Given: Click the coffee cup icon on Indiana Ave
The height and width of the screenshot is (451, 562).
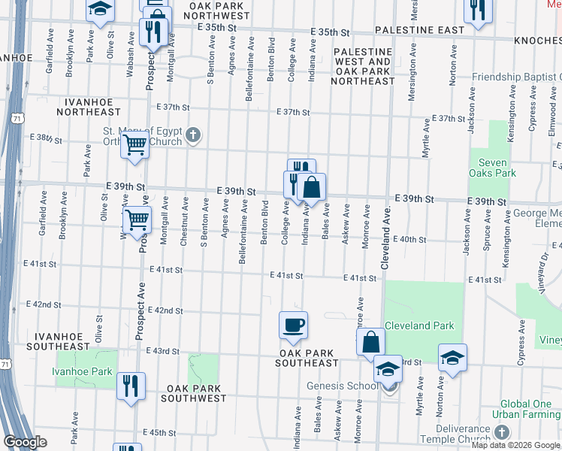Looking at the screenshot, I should (293, 325).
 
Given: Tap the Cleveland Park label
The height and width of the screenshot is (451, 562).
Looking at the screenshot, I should (418, 326).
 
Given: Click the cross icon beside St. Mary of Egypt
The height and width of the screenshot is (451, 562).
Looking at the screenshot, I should (193, 135).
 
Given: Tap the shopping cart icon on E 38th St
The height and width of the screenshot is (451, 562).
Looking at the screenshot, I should (135, 144).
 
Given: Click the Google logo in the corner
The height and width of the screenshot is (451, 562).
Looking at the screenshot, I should (26, 441).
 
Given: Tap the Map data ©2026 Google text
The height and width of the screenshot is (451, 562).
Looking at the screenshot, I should (515, 445).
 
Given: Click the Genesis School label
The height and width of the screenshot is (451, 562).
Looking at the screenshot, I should (342, 386).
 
